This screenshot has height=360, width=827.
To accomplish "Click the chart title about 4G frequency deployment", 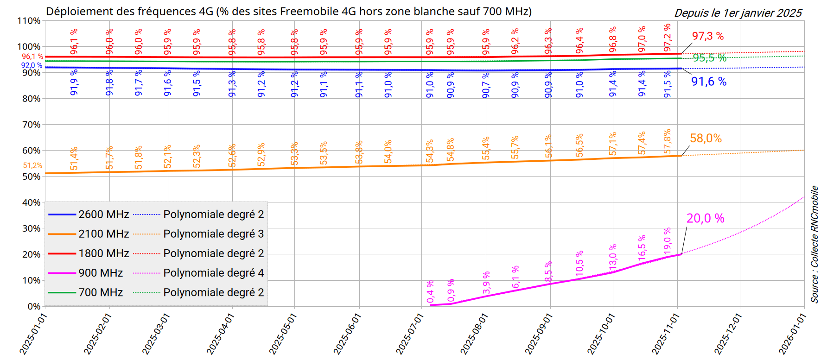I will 288,11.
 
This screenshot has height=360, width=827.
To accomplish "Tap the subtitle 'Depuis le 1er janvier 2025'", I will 738,13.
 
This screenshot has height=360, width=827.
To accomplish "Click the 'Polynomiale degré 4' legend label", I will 213,273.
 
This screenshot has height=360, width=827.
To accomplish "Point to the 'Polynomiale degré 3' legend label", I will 213,234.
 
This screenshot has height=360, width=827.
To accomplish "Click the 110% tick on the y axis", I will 29,21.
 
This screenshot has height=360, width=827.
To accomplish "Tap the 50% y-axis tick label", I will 31,177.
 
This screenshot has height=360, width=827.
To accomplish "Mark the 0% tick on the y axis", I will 33,306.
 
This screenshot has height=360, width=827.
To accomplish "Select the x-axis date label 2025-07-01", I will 410,334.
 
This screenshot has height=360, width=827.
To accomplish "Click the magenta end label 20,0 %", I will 705,218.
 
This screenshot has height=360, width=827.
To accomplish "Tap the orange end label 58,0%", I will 706,138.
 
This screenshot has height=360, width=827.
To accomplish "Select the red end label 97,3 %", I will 707,36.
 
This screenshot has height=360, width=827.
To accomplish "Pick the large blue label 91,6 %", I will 709,82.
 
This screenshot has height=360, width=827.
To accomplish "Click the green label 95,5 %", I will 709,58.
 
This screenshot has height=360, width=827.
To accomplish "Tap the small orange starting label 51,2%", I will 32,165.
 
